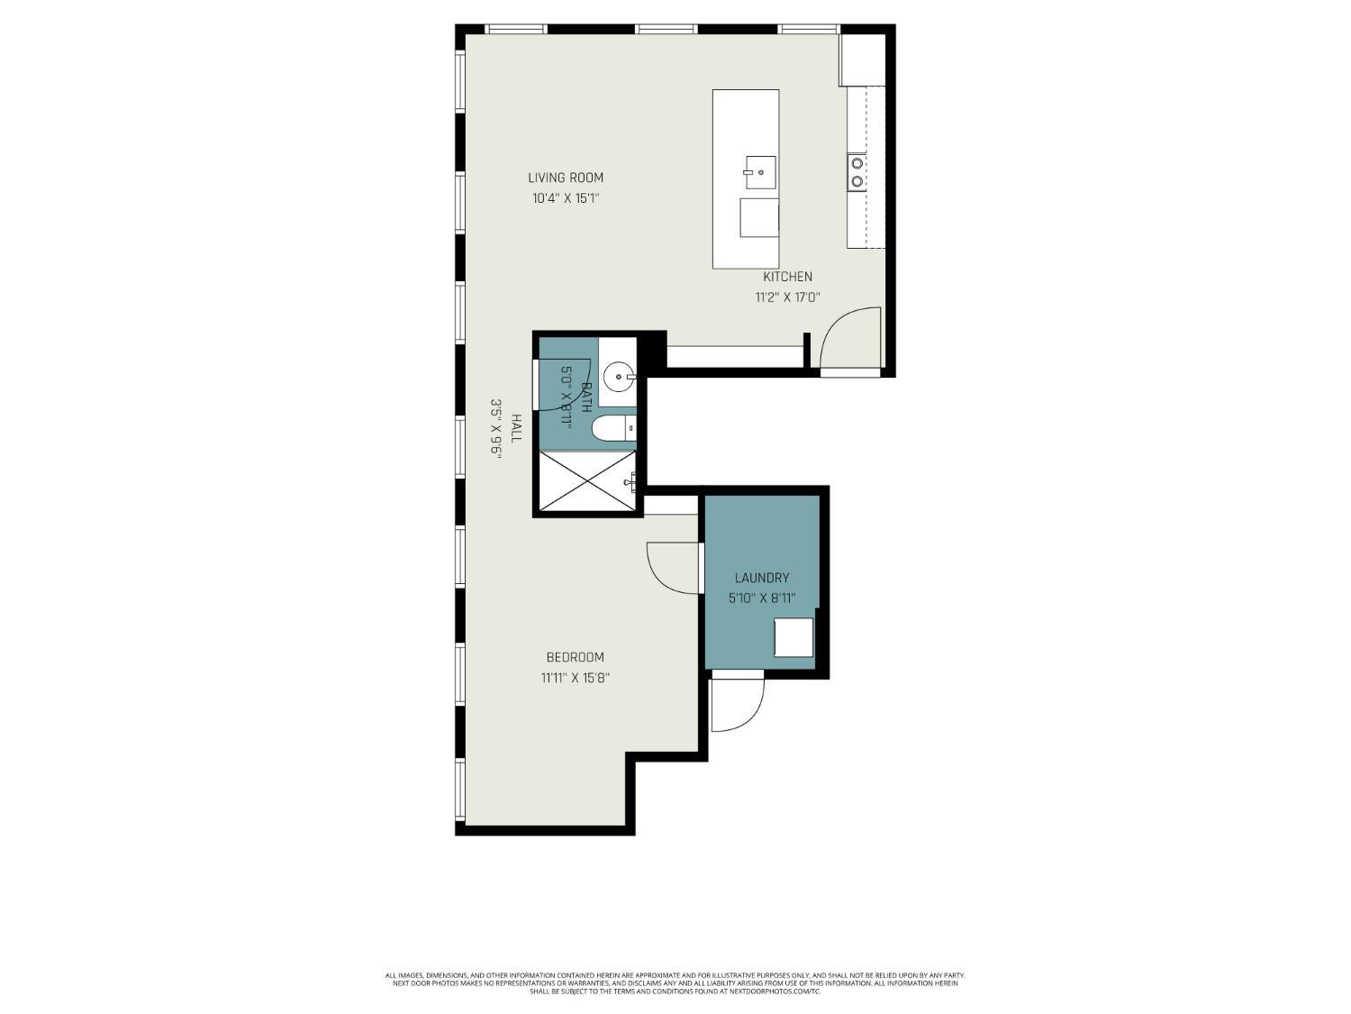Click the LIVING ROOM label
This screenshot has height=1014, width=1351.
click(x=566, y=178)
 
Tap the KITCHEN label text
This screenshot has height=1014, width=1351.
click(x=787, y=277)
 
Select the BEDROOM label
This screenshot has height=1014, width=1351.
click(x=575, y=657)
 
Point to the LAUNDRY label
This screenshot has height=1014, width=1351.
click(x=762, y=578)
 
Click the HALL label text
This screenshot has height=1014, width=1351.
click(x=516, y=428)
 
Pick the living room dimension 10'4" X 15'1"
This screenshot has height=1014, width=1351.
click(x=566, y=198)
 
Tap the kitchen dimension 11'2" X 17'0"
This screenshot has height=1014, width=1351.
click(x=787, y=297)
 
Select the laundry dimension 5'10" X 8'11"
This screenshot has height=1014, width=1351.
click(x=762, y=598)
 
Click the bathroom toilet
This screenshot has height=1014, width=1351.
click(x=612, y=429)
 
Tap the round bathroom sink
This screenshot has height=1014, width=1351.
click(x=619, y=377)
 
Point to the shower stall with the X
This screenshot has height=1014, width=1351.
click(x=586, y=481)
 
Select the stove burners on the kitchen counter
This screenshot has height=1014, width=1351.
click(x=857, y=172)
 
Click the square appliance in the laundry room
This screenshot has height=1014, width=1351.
click(x=793, y=637)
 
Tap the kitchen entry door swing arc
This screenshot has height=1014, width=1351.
click(x=850, y=338)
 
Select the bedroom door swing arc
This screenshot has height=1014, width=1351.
click(x=672, y=568)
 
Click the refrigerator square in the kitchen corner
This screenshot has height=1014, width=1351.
click(x=863, y=59)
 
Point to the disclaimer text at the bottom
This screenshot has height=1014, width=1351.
click(x=675, y=983)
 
